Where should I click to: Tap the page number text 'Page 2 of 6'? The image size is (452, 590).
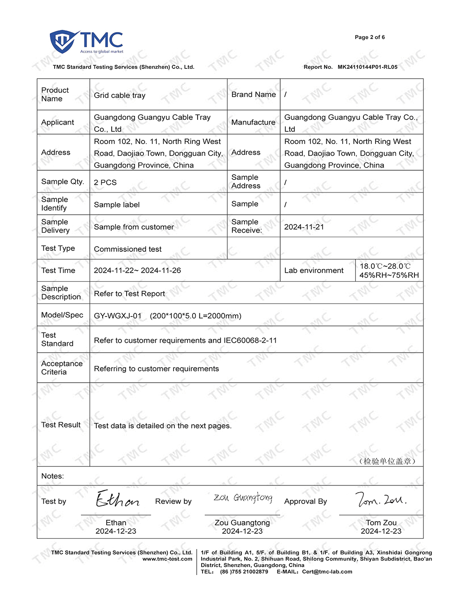tap(369, 37)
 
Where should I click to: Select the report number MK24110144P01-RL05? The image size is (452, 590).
tap(367, 67)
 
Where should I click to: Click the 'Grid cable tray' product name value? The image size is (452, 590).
tap(119, 95)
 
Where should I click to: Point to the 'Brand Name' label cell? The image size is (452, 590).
tap(253, 94)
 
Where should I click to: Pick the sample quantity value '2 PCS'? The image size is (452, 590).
tap(105, 182)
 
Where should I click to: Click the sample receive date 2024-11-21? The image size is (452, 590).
tap(304, 227)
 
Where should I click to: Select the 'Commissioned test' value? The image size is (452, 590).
tap(127, 249)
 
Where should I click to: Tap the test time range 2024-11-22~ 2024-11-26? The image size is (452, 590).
tap(137, 270)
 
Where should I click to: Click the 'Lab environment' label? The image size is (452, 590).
tap(314, 270)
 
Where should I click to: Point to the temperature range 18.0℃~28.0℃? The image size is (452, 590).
tap(385, 266)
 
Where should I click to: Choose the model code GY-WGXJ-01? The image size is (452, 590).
tap(118, 316)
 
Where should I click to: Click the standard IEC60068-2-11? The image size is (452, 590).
tap(250, 340)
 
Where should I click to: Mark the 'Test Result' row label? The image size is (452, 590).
tap(61, 425)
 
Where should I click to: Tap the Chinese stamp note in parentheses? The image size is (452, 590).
tap(387, 461)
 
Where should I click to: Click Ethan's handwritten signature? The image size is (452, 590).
tap(117, 499)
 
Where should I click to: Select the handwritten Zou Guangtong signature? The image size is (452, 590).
tap(243, 498)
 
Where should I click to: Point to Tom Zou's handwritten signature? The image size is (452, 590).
tap(381, 499)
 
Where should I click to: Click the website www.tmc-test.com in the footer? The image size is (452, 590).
tap(167, 559)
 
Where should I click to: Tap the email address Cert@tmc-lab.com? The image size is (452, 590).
tap(327, 571)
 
